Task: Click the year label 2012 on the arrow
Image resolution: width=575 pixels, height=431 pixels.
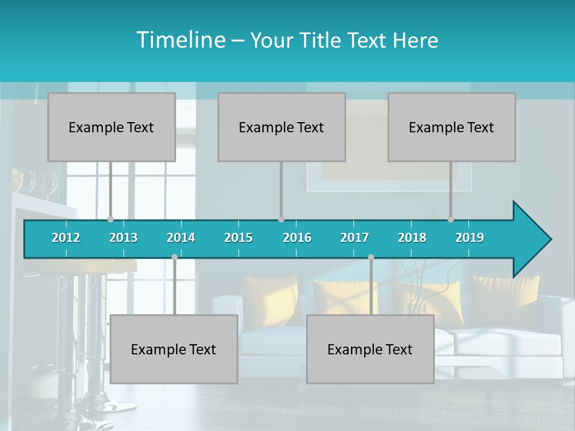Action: click(x=66, y=238)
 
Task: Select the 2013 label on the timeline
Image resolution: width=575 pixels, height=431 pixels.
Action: click(x=123, y=238)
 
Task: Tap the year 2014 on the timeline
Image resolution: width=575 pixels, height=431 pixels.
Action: click(x=181, y=238)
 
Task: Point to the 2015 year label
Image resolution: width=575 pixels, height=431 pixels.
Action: click(x=238, y=238)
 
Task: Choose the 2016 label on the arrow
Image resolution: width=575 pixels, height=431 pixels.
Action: click(x=297, y=238)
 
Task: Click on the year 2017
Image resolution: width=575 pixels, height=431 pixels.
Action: click(x=355, y=238)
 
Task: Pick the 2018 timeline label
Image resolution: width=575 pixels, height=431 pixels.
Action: click(x=412, y=238)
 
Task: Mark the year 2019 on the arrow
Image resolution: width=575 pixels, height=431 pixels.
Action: click(x=470, y=238)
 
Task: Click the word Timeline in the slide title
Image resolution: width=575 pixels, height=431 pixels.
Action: click(x=180, y=40)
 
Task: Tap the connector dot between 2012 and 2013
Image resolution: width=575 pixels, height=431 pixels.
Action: click(x=110, y=220)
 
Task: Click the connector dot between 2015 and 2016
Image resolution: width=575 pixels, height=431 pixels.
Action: click(x=281, y=220)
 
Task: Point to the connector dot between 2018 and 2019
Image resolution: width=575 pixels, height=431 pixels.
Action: click(x=450, y=220)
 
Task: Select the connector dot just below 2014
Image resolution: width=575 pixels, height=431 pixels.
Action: click(x=174, y=257)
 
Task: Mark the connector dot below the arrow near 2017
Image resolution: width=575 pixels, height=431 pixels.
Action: click(x=371, y=257)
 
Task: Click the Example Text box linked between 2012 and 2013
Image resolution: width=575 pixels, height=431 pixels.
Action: click(x=111, y=128)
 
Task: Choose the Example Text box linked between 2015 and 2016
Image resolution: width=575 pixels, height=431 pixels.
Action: click(x=282, y=128)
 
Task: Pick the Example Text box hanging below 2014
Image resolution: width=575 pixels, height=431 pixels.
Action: click(x=174, y=350)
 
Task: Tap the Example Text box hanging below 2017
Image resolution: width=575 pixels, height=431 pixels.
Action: click(x=370, y=350)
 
